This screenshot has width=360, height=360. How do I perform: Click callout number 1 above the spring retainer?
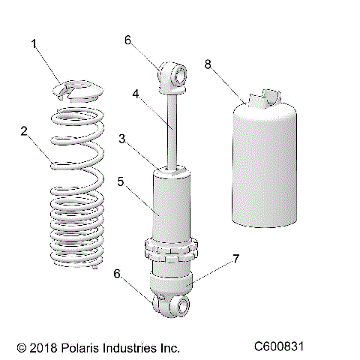point(34,44)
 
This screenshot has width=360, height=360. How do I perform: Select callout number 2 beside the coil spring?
point(24,131)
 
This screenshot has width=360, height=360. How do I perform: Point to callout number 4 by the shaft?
point(136,94)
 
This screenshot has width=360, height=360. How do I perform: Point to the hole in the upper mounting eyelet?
point(180,73)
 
